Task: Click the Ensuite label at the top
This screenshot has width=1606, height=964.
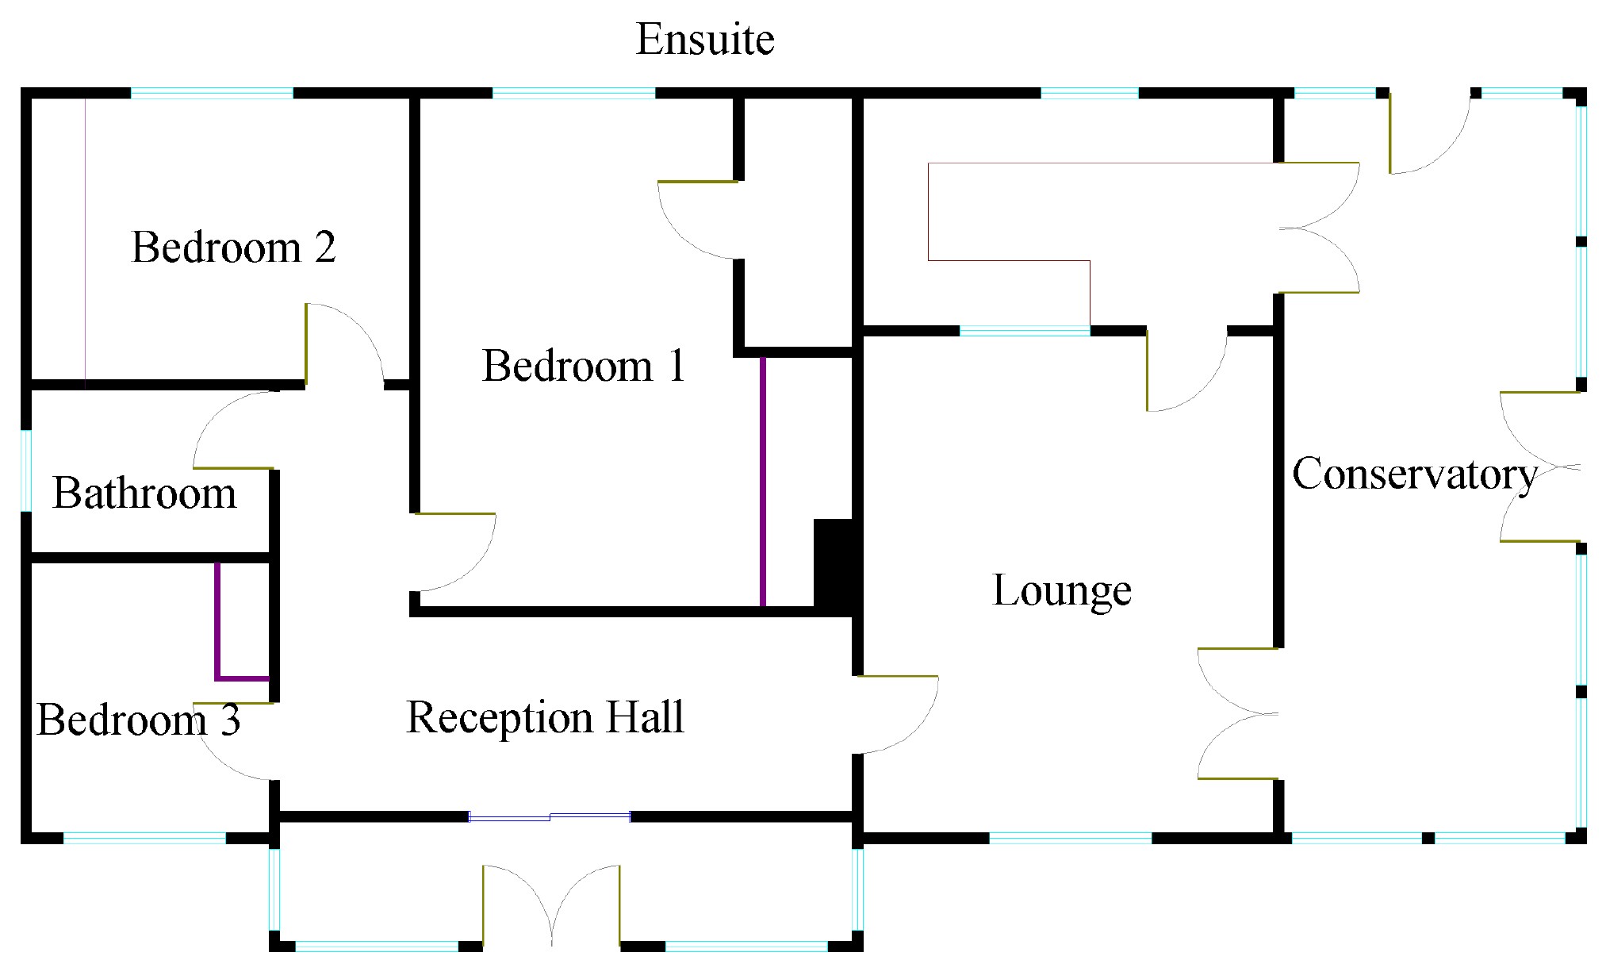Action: click(x=705, y=40)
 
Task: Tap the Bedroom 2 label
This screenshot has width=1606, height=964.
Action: click(x=233, y=247)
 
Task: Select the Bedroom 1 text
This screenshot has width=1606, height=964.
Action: click(x=583, y=366)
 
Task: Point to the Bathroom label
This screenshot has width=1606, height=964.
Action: click(x=144, y=494)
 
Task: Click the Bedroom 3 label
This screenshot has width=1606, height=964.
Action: click(x=138, y=720)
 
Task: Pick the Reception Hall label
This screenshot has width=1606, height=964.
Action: click(x=545, y=717)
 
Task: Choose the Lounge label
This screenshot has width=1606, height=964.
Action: click(x=1062, y=590)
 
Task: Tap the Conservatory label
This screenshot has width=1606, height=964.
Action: click(x=1415, y=474)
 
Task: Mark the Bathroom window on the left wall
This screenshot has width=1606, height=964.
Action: click(x=26, y=470)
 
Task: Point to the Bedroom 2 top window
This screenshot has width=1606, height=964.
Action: click(x=212, y=94)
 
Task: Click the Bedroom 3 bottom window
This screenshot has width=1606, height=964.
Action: click(x=144, y=837)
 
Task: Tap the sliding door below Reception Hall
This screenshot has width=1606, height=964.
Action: click(x=550, y=816)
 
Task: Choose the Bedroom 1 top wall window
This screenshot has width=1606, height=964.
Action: click(x=574, y=94)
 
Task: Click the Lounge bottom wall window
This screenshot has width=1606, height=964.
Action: click(x=1070, y=837)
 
